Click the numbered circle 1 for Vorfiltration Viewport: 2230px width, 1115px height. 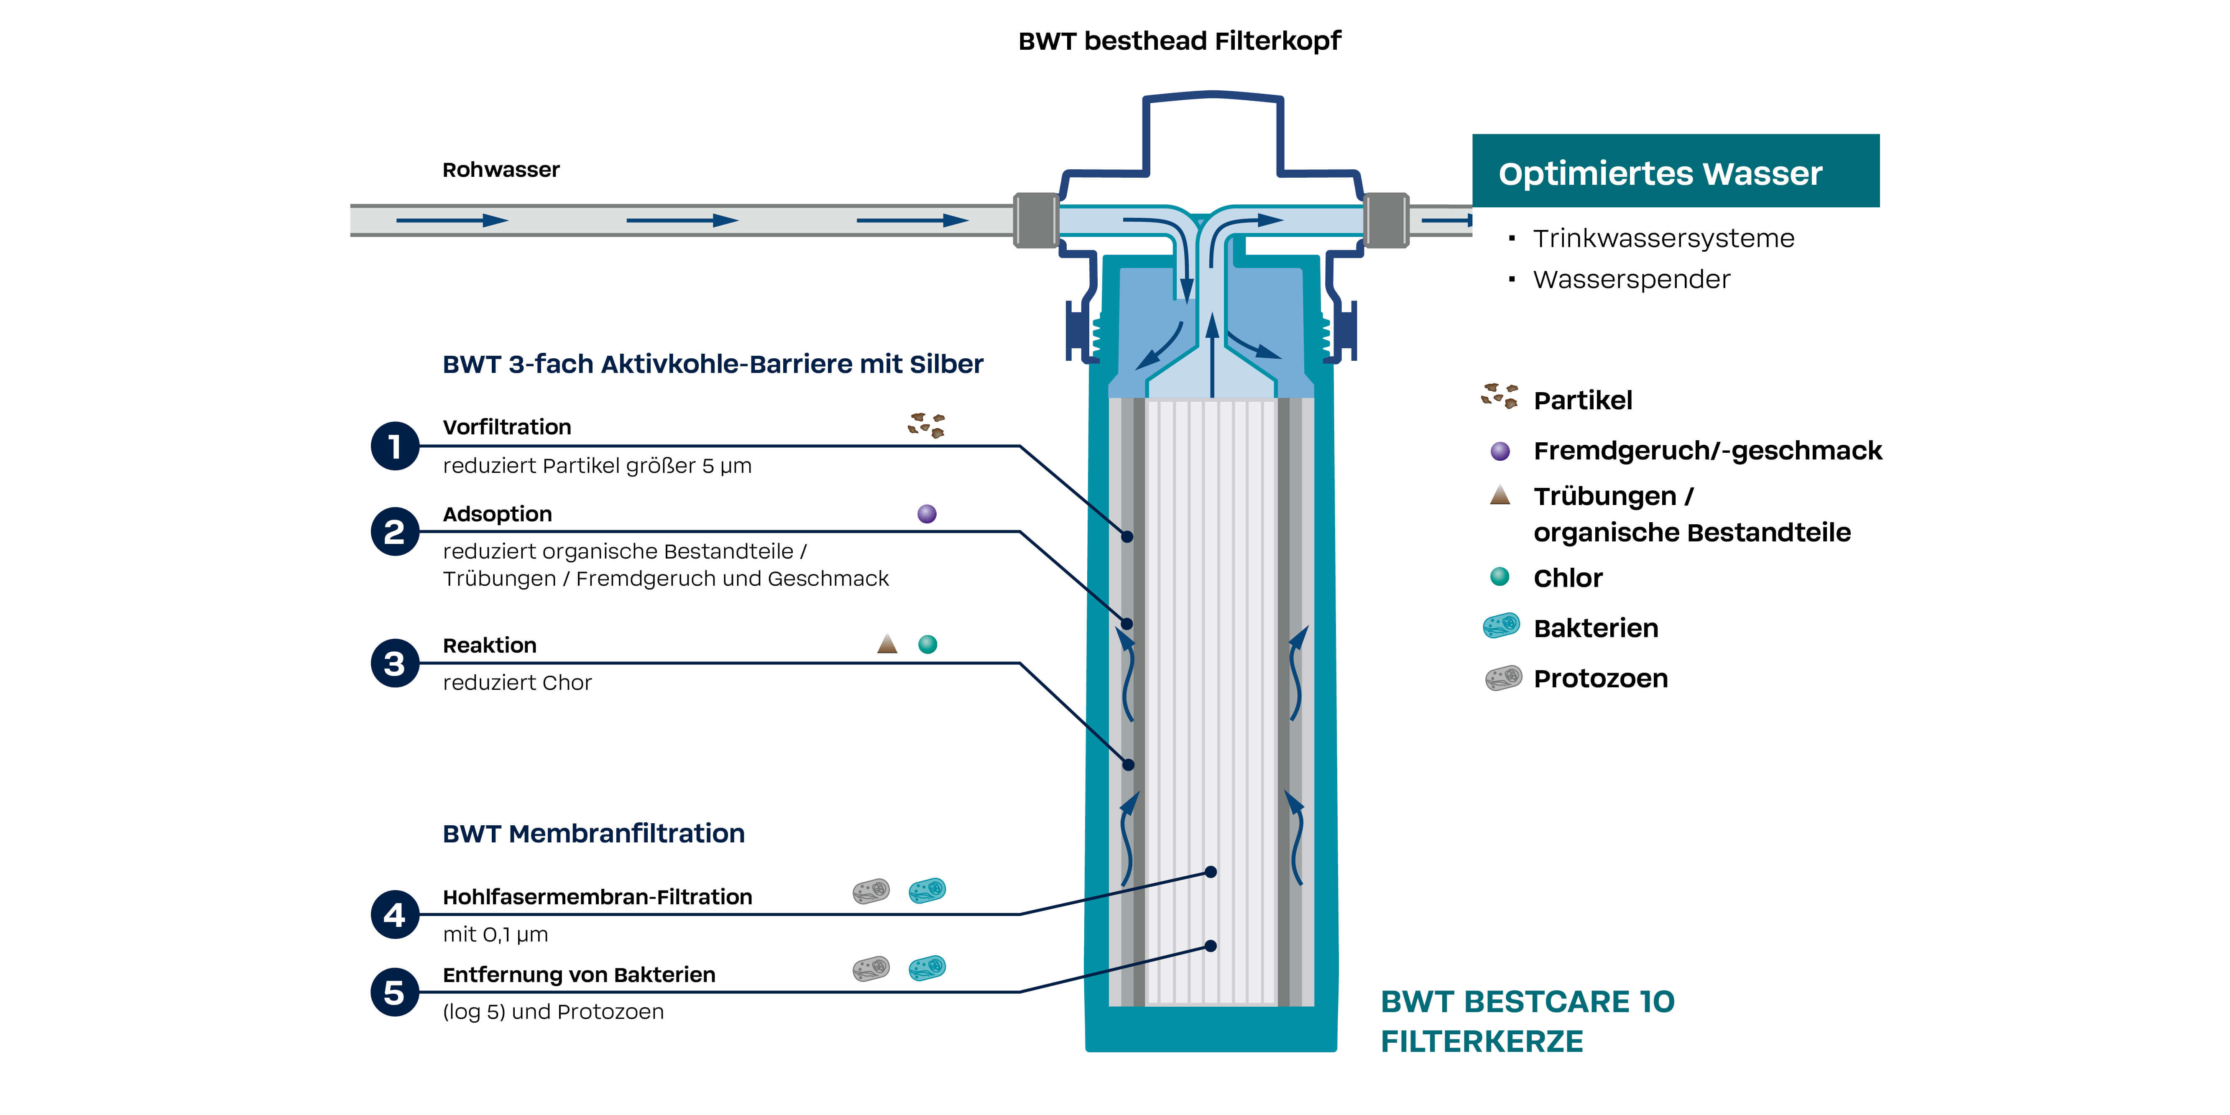395,447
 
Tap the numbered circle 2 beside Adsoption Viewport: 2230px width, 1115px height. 395,531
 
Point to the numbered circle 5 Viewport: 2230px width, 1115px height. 395,992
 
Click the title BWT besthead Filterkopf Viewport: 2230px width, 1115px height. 1179,41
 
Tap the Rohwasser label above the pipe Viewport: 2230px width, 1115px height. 501,170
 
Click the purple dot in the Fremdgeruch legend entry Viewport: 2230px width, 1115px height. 1500,451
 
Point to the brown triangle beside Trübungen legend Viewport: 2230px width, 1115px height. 1500,495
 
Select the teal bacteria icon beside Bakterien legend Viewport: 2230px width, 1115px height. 1502,625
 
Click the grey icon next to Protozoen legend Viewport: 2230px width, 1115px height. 1504,678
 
